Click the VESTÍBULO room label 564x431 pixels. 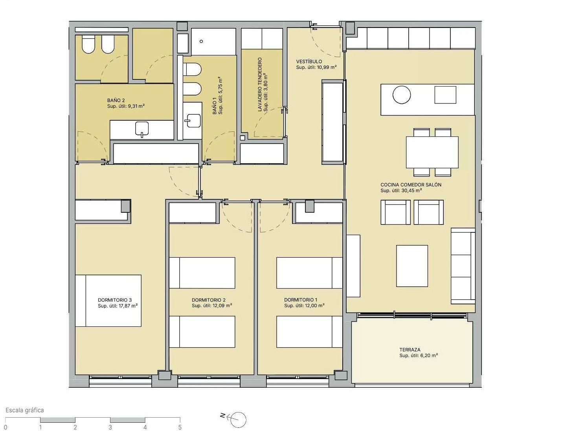309,61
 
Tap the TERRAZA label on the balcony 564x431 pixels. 410,350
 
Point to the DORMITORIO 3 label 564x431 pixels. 115,300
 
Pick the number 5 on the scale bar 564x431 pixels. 180,427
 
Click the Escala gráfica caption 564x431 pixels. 25,410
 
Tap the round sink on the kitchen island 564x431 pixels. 402,95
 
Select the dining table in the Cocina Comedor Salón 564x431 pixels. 432,152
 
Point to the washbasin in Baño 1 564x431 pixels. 193,121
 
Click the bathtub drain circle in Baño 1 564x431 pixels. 201,41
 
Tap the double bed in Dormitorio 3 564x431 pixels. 108,301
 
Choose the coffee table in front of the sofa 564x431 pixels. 412,266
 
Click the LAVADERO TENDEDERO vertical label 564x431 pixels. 260,84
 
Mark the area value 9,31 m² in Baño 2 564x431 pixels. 136,106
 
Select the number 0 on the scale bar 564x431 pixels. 6,427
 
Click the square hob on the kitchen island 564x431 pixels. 445,95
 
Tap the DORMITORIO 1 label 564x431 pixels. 301,300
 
